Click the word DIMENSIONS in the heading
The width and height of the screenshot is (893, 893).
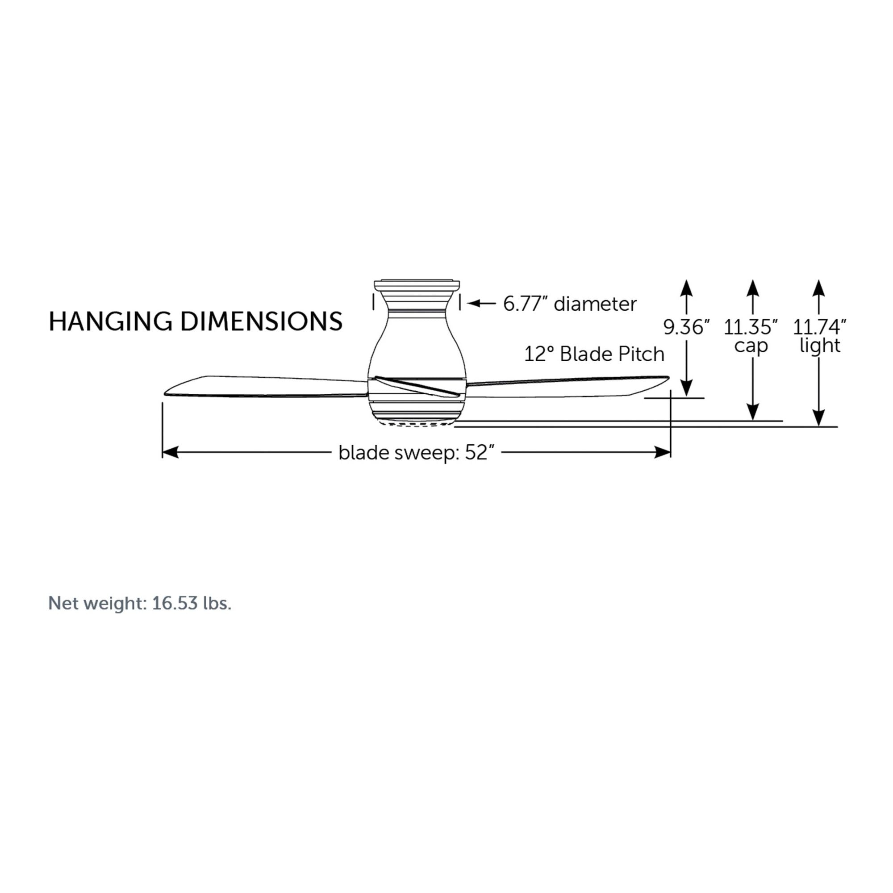(261, 321)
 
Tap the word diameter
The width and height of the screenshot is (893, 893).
(595, 304)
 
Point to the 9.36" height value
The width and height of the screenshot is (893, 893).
(686, 327)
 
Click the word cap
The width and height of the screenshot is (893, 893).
(751, 346)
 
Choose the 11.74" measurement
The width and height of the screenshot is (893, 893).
(819, 327)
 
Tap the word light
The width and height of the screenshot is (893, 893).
(819, 346)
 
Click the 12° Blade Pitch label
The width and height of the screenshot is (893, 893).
(594, 355)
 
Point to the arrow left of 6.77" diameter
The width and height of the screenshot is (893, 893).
(481, 304)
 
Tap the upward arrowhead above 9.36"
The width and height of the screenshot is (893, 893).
(686, 288)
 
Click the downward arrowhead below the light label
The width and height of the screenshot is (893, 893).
(819, 418)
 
